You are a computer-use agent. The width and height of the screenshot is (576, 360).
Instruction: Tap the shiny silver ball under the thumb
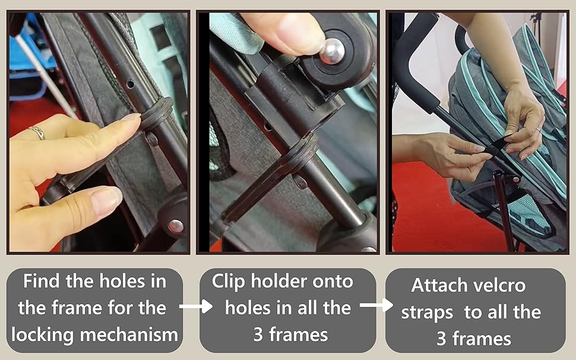pos(332,51)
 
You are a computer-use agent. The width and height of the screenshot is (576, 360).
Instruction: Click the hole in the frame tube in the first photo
pos(131,84)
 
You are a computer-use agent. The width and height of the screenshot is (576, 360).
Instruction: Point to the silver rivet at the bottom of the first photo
pos(176,226)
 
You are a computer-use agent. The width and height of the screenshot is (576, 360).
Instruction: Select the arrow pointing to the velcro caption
pos(376,305)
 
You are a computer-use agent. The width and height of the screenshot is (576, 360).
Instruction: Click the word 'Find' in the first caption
pos(42,282)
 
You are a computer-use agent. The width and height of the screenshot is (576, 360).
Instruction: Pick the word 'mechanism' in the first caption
pos(129,334)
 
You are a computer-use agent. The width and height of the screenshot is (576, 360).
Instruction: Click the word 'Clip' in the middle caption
pos(228,282)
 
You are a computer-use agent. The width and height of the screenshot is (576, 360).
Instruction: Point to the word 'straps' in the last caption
pos(427,313)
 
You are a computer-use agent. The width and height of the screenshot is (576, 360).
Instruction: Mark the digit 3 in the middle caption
pos(258,335)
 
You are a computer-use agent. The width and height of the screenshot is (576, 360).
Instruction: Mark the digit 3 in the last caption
pos(441,339)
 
